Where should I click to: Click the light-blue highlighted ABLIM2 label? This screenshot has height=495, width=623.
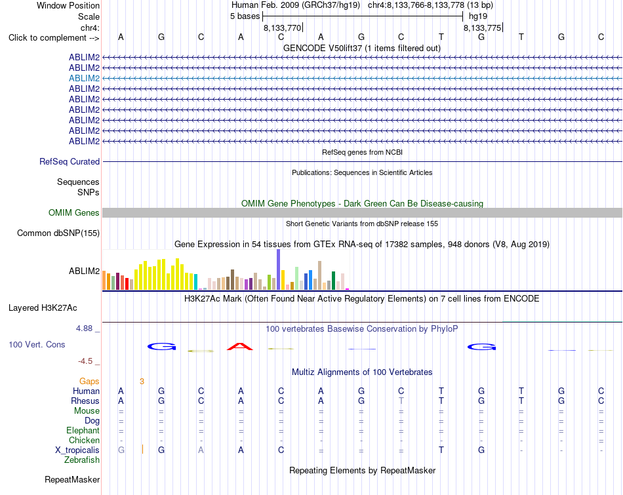pyautogui.click(x=84, y=78)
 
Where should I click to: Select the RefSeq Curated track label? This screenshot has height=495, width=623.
pyautogui.click(x=70, y=162)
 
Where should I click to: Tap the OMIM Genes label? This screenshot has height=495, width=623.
pyautogui.click(x=74, y=212)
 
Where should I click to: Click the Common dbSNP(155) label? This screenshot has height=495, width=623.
pyautogui.click(x=58, y=233)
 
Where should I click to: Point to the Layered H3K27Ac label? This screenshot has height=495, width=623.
pyautogui.click(x=43, y=308)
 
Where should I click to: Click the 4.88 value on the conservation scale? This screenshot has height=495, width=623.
pyautogui.click(x=84, y=328)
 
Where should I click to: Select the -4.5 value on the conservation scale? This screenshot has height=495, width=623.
pyautogui.click(x=85, y=361)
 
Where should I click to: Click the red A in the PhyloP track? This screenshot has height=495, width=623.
pyautogui.click(x=240, y=346)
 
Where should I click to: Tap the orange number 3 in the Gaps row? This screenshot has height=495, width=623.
pyautogui.click(x=142, y=382)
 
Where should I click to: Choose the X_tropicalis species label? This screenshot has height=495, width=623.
pyautogui.click(x=77, y=450)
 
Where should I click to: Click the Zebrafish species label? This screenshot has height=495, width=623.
pyautogui.click(x=82, y=460)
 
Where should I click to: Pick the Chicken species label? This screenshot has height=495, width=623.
pyautogui.click(x=84, y=440)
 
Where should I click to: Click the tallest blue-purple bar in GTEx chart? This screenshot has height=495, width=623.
pyautogui.click(x=279, y=269)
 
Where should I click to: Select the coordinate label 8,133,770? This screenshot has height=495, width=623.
pyautogui.click(x=283, y=28)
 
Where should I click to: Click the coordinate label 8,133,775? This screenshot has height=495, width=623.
pyautogui.click(x=483, y=28)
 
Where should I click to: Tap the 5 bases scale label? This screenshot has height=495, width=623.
pyautogui.click(x=245, y=16)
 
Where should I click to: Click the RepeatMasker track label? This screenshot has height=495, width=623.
pyautogui.click(x=72, y=479)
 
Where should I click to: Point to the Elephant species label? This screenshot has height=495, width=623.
pyautogui.click(x=83, y=430)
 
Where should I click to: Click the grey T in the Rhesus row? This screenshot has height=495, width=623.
pyautogui.click(x=401, y=401)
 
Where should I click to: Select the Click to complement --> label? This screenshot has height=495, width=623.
pyautogui.click(x=54, y=38)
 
